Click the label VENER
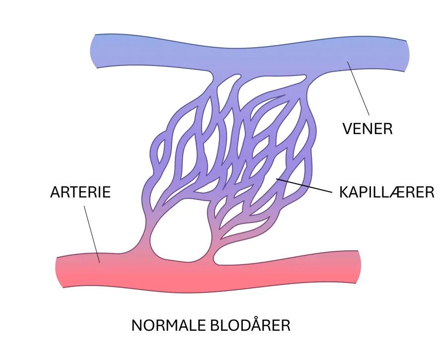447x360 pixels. tap(368, 129)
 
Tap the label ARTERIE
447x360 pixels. tap(80, 192)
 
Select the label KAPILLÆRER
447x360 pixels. tap(386, 192)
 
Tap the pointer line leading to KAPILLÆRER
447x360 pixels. tap(303, 186)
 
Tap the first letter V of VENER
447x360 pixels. tap(348, 129)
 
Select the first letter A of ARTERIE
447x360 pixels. tap(56, 192)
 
